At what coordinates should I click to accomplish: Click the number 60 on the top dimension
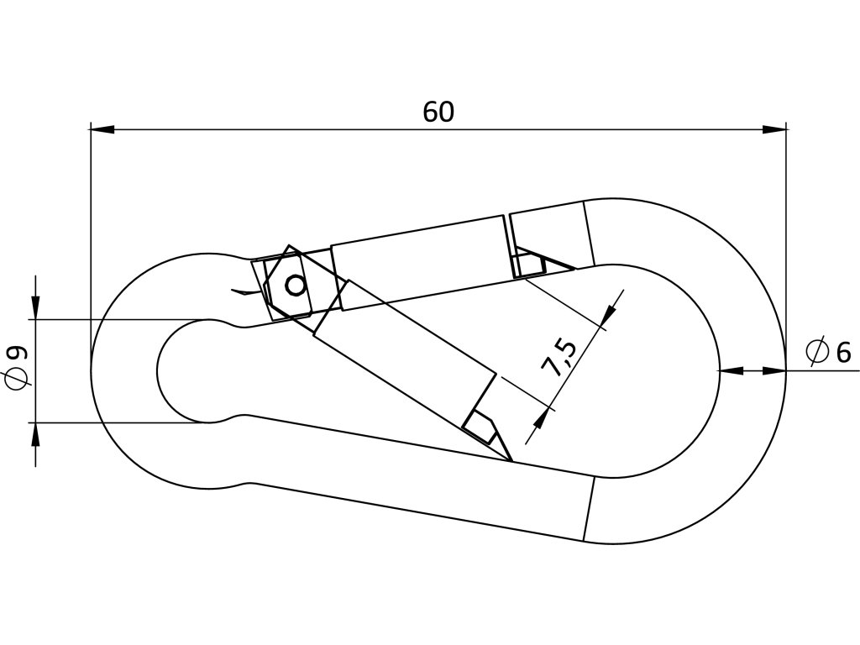438,112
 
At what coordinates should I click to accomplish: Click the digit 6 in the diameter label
842,353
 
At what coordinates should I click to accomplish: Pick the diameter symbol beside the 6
817,352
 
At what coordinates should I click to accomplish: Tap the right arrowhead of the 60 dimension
774,129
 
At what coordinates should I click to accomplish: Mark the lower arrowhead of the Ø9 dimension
35,434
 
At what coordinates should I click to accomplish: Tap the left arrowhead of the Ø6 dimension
732,370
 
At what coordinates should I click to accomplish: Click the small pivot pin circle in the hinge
295,286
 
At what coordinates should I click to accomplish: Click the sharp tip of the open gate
510,459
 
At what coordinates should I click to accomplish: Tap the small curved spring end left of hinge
244,292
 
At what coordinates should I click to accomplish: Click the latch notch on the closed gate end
529,265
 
